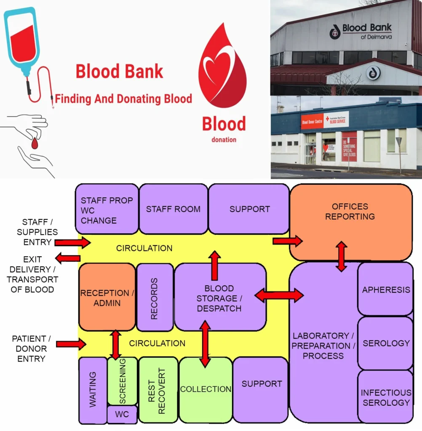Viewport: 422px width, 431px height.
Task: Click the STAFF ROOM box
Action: click(x=173, y=209)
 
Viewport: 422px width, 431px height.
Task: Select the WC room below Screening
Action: click(x=122, y=414)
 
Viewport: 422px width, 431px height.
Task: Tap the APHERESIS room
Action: click(x=385, y=290)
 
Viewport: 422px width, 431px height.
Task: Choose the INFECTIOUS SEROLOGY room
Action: click(x=385, y=397)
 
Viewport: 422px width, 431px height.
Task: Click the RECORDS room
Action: click(x=155, y=297)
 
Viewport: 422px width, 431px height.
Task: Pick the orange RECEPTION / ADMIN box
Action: click(x=107, y=297)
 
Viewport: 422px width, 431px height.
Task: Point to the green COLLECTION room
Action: click(x=206, y=389)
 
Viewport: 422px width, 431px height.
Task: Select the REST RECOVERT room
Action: click(x=158, y=390)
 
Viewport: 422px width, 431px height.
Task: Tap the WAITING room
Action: click(x=93, y=390)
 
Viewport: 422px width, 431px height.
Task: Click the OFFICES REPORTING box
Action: click(x=350, y=212)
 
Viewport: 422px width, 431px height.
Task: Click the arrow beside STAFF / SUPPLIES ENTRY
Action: click(x=72, y=242)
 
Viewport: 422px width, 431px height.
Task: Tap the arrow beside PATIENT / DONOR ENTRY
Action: click(x=71, y=344)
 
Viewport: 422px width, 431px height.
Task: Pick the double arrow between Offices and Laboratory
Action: click(x=342, y=256)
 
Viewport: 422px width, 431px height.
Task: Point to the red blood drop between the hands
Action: click(x=35, y=144)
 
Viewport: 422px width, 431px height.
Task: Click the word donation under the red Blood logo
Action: click(x=224, y=139)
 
